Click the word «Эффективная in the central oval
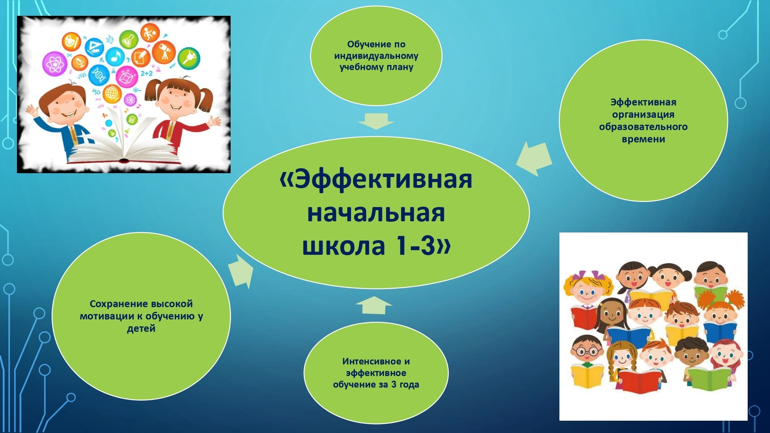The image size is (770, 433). (x=376, y=179)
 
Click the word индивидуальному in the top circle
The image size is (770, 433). (x=376, y=56)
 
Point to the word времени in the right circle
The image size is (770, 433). (x=643, y=139)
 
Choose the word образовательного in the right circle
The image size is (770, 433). (x=643, y=127)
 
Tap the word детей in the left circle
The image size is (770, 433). (x=141, y=329)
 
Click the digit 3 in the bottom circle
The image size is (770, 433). (x=394, y=385)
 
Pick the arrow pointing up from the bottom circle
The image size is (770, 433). (x=374, y=305)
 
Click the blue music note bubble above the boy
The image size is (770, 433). (x=115, y=57)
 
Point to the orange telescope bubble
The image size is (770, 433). (x=164, y=53)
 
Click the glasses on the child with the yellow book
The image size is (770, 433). (x=586, y=351)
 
